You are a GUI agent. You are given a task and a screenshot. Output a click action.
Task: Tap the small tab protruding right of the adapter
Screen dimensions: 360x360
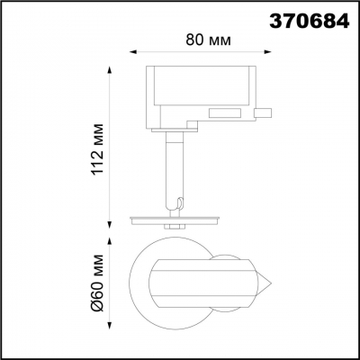[264, 112]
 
